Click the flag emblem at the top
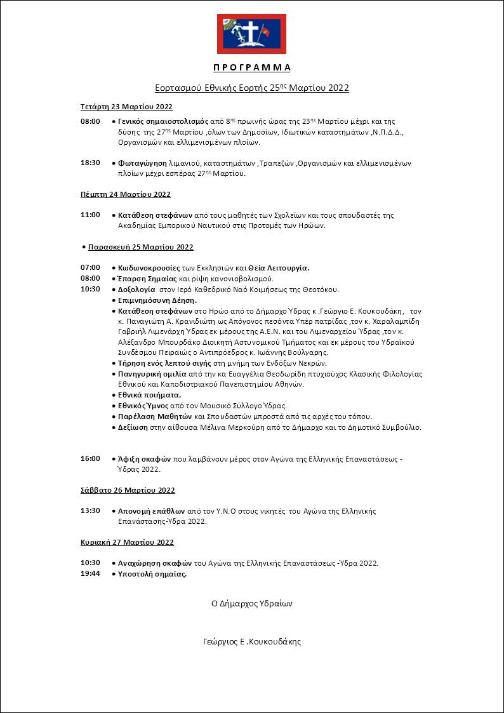(x=251, y=34)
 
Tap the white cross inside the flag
(x=251, y=32)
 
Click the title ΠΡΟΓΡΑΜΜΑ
(x=251, y=67)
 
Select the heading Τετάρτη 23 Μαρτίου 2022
(x=126, y=107)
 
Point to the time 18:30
(x=90, y=163)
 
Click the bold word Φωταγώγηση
(x=138, y=163)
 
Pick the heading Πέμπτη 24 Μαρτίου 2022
(x=126, y=194)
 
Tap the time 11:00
(x=90, y=215)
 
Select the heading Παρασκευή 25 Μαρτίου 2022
(x=140, y=247)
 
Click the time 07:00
(x=90, y=267)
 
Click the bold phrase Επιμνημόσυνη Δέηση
(x=157, y=300)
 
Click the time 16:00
(x=90, y=458)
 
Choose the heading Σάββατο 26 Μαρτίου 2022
(x=128, y=490)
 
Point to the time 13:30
(x=90, y=510)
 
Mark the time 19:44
(x=90, y=574)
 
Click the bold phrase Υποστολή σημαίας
(x=152, y=574)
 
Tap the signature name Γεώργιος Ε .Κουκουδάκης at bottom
(x=251, y=642)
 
